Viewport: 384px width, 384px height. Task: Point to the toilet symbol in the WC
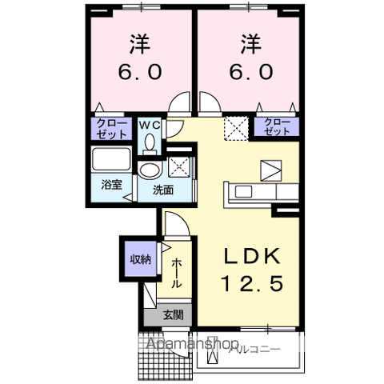tap(150, 142)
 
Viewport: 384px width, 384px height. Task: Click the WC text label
tap(150, 125)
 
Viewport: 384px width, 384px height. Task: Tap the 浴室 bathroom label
tap(110, 185)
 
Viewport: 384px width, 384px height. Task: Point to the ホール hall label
tap(176, 272)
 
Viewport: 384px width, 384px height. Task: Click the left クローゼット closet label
tap(106, 128)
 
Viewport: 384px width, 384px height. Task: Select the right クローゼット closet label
tap(274, 126)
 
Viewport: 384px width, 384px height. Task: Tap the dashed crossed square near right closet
tap(236, 127)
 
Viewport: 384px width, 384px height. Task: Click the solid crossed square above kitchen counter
tap(270, 170)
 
